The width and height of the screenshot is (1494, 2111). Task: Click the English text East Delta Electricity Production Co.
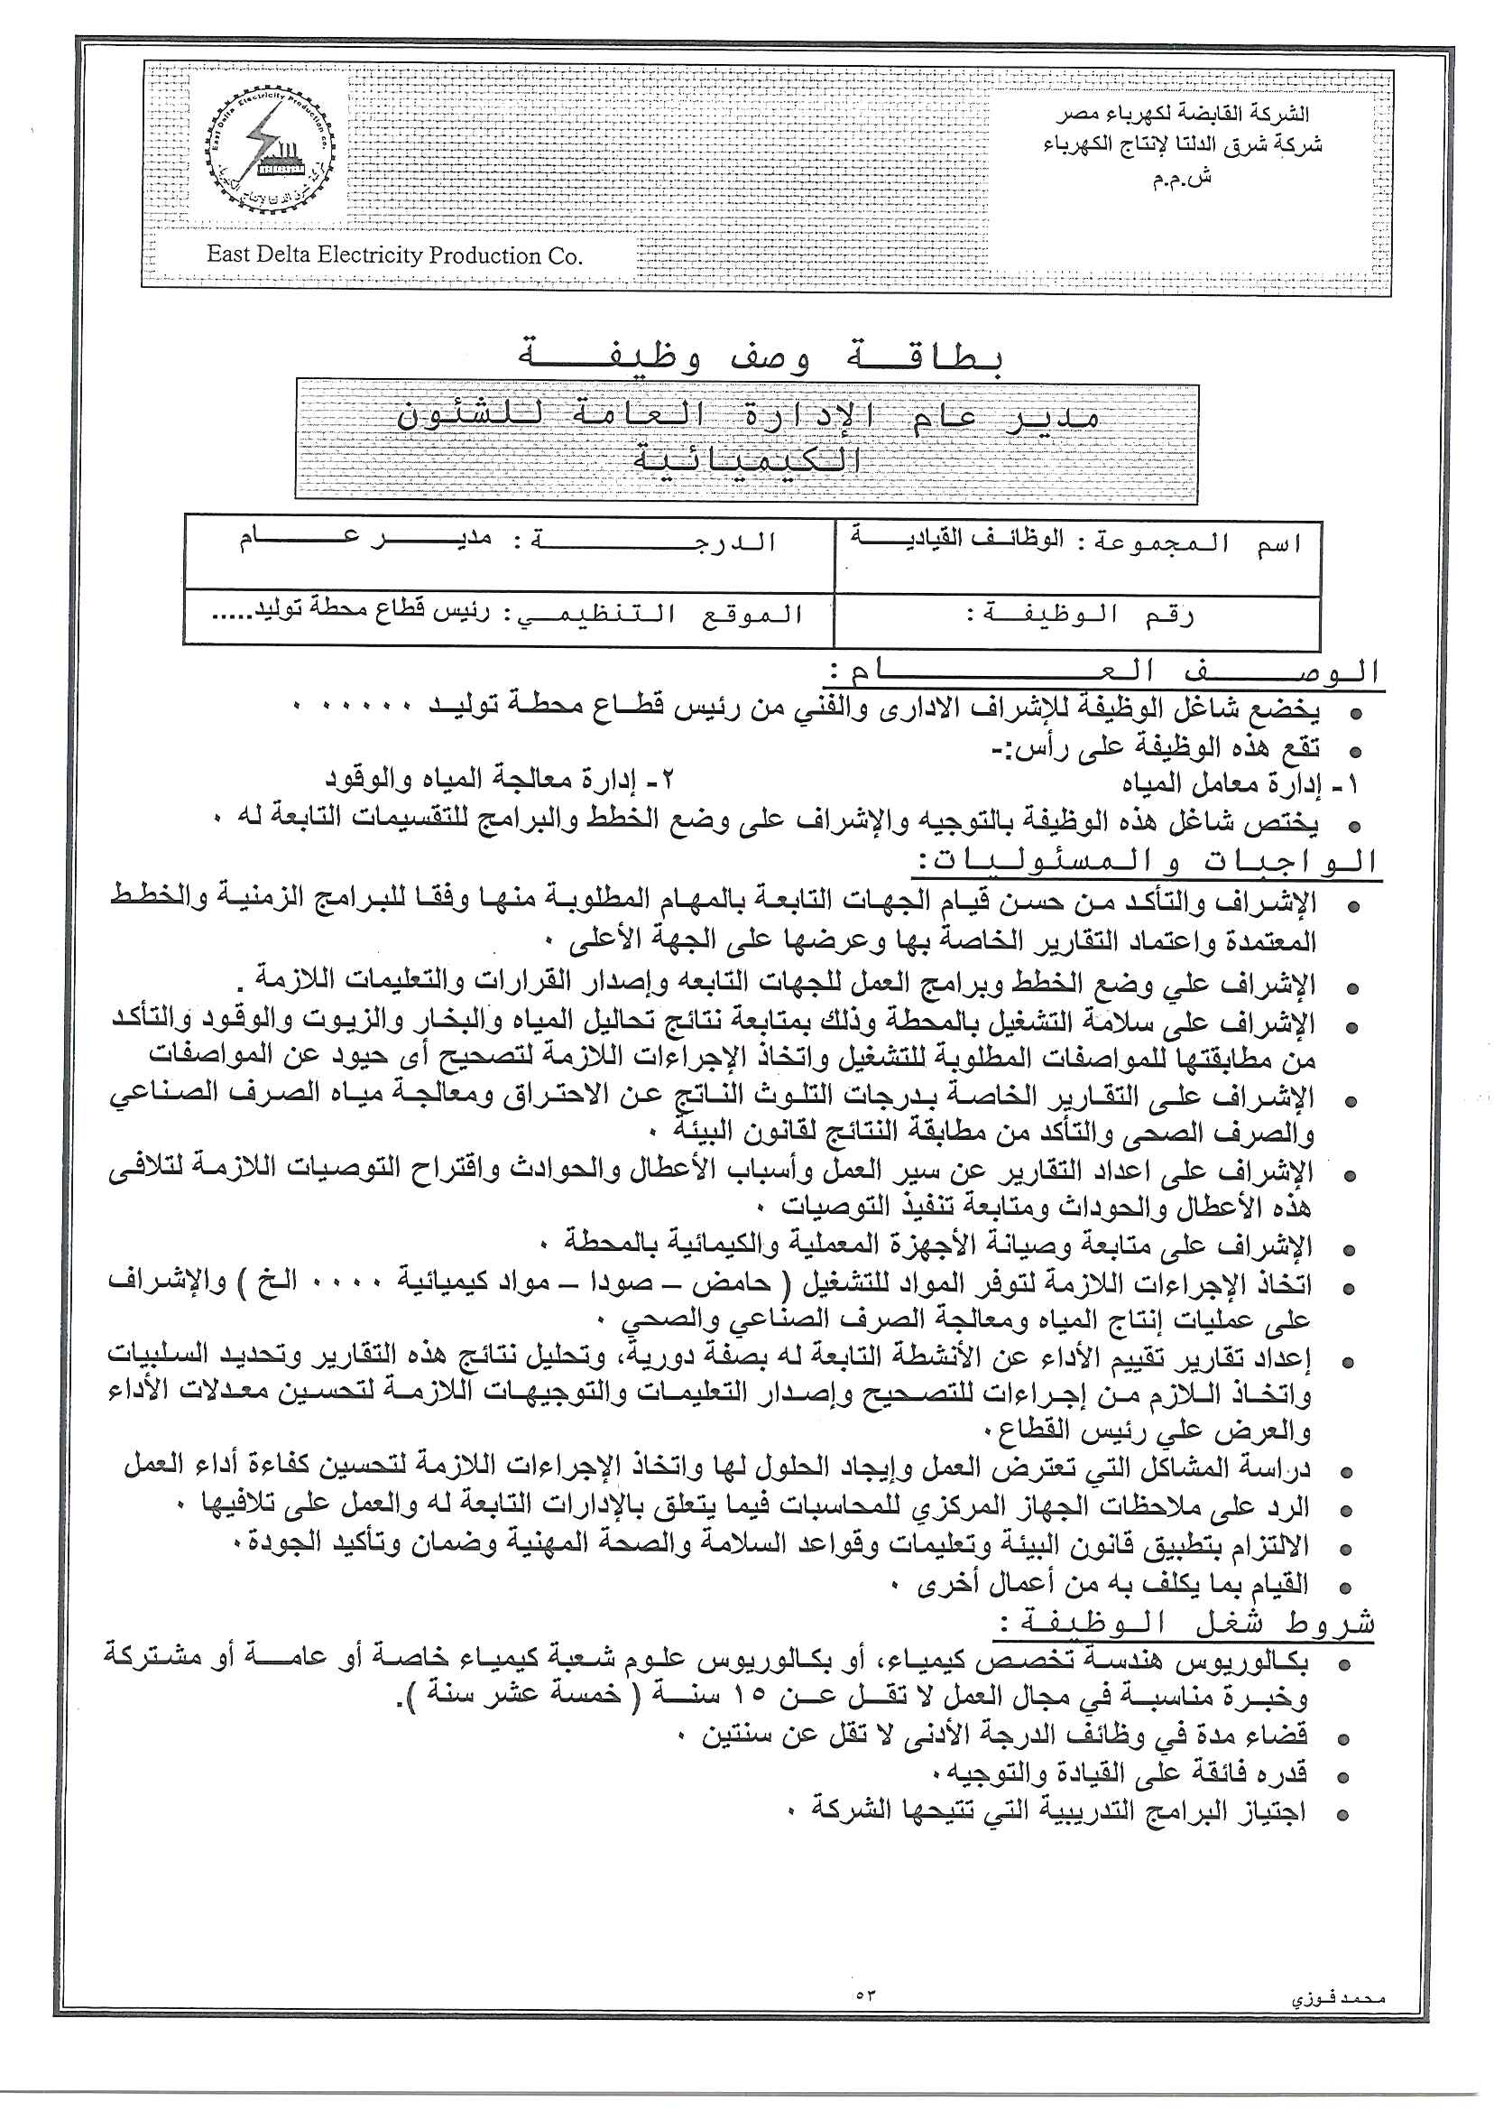[394, 255]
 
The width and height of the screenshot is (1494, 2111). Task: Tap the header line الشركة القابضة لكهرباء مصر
[1182, 114]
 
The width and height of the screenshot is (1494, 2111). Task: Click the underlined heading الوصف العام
[1104, 671]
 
